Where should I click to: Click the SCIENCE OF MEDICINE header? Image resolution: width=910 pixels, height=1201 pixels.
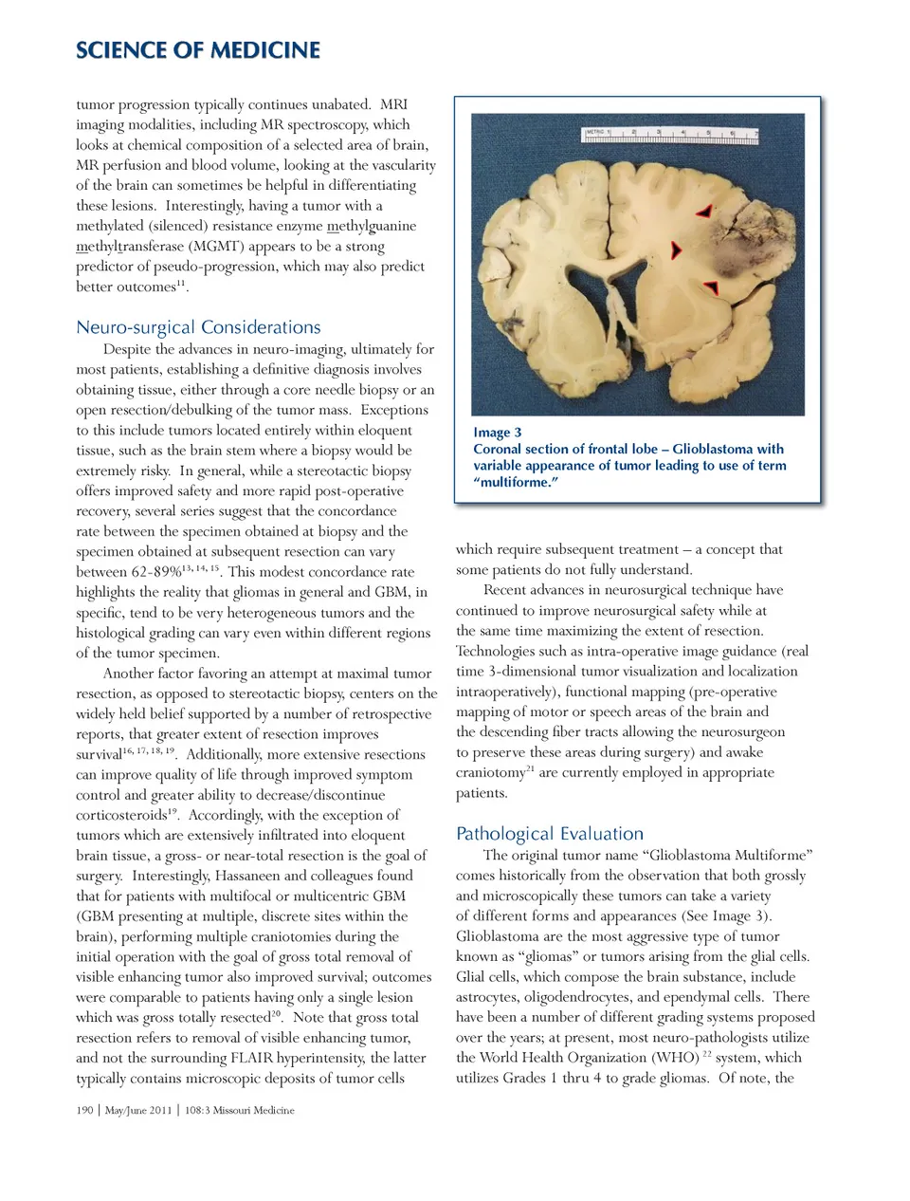198,50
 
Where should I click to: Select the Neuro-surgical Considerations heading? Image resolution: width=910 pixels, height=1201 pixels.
198,327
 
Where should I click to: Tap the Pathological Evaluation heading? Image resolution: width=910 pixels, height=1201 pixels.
549,834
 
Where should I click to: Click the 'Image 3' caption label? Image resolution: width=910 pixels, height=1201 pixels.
497,433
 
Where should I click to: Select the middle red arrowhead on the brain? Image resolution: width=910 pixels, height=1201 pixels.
676,249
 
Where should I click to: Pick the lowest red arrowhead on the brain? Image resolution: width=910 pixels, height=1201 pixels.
711,286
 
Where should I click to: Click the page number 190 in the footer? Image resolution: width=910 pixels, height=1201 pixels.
84,1110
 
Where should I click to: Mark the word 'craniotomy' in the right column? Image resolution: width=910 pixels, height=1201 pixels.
490,773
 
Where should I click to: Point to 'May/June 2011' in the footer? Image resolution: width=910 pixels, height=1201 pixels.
138,1110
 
